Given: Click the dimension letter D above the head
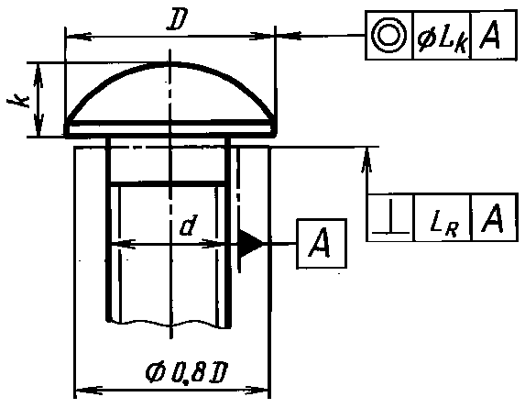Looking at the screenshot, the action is coord(178,18).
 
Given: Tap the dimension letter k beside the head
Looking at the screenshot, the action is coord(18,101).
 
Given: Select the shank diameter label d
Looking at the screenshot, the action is coord(189,225).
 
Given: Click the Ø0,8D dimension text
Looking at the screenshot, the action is coord(187,372).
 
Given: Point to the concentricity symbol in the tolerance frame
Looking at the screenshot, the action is coord(389,35).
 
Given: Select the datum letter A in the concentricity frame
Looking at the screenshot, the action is coord(490,35).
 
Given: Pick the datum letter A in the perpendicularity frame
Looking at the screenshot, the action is coord(492,217).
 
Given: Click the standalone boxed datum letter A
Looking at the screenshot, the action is coord(322,244).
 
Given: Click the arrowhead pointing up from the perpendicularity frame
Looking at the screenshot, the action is coord(367,160).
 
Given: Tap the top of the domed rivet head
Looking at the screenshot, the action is coord(170,63).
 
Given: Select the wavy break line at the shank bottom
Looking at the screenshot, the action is coord(168,324).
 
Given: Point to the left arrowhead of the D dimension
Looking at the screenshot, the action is coord(79,36).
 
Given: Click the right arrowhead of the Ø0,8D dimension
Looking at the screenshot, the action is coord(257,391).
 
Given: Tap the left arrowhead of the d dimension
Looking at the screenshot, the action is coord(123,244).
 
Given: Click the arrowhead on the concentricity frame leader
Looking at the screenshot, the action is coord(289,35).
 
